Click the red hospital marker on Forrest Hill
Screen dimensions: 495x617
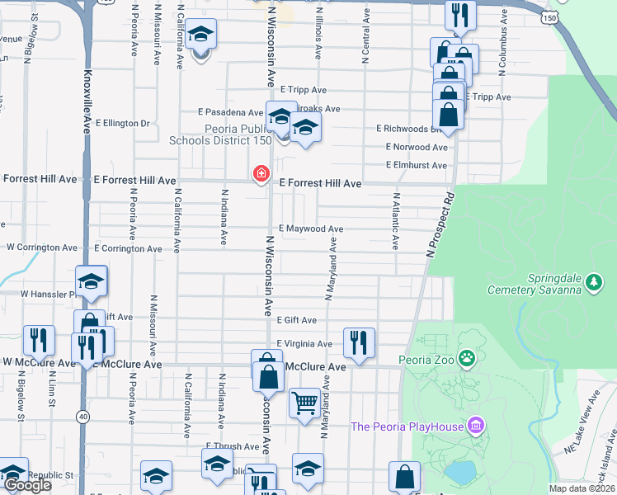[261, 172]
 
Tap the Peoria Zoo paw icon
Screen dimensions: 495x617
[468, 357]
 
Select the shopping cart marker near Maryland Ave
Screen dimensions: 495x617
[304, 403]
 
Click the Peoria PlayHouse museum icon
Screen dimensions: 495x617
[474, 426]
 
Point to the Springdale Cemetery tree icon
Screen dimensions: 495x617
[593, 283]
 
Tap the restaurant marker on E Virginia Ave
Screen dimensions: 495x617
[358, 341]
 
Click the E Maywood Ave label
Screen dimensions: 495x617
[310, 229]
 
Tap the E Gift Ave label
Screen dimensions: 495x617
[297, 320]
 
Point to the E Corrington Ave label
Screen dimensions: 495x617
[128, 248]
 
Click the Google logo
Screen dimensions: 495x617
[27, 486]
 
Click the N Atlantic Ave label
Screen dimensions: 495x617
[396, 222]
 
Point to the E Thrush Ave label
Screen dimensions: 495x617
[233, 446]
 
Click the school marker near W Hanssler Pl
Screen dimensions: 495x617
[92, 280]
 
